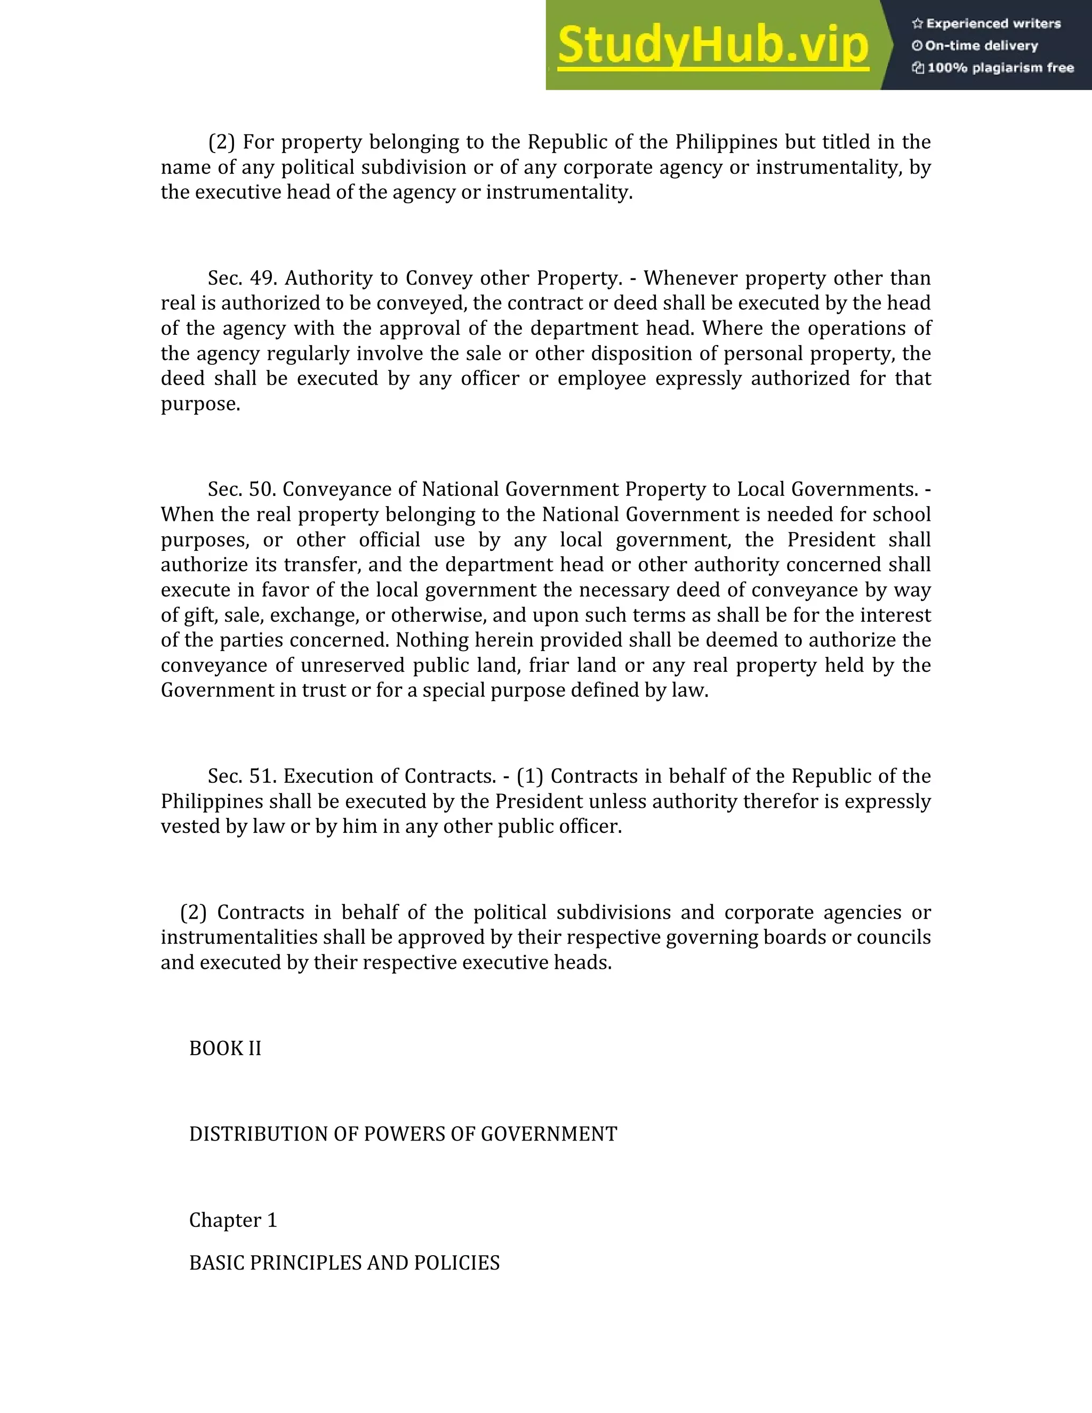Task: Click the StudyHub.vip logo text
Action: [x=712, y=45]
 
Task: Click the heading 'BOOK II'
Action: [x=225, y=1049]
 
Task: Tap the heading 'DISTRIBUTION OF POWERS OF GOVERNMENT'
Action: [x=403, y=1134]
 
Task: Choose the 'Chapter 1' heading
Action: [x=233, y=1220]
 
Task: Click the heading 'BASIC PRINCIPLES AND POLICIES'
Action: [x=344, y=1263]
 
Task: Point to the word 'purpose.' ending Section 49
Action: [x=200, y=404]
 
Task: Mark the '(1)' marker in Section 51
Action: [x=530, y=776]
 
